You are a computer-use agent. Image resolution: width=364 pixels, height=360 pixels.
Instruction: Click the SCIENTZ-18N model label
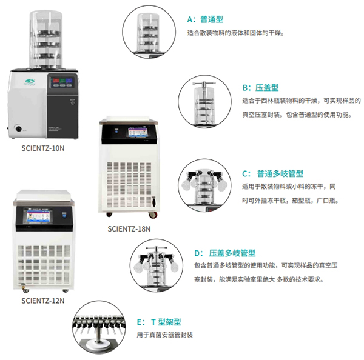click(129, 228)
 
